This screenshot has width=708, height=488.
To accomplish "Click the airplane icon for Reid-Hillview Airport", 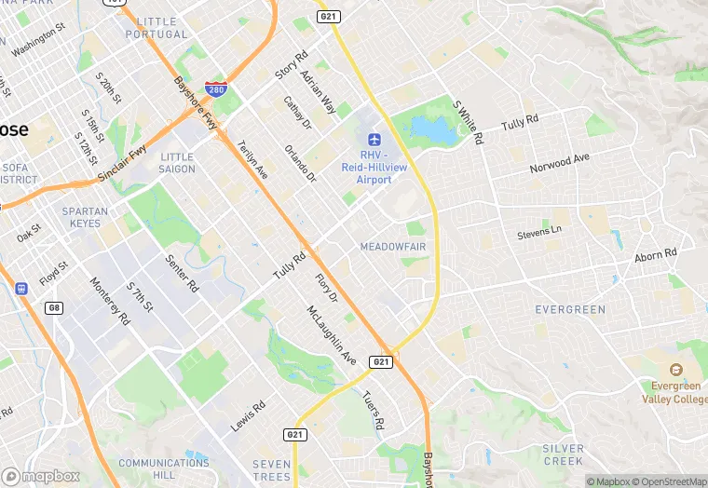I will click(374, 140).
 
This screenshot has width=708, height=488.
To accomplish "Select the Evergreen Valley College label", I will click(675, 391).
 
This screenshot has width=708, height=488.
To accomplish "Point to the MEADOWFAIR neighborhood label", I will click(392, 247).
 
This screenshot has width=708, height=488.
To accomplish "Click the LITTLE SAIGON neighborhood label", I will click(177, 163).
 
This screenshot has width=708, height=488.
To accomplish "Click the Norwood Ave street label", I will click(560, 163).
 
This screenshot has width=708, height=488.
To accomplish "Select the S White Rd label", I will click(468, 122).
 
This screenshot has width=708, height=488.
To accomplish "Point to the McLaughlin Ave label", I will click(332, 334).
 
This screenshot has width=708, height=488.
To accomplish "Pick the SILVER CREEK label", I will click(563, 454).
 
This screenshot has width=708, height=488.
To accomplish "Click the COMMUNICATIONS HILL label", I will click(151, 468).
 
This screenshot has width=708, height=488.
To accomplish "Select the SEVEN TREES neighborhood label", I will click(271, 470).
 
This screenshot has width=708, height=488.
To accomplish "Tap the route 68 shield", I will click(55, 307).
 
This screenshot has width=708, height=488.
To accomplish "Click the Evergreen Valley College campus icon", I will click(675, 370).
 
